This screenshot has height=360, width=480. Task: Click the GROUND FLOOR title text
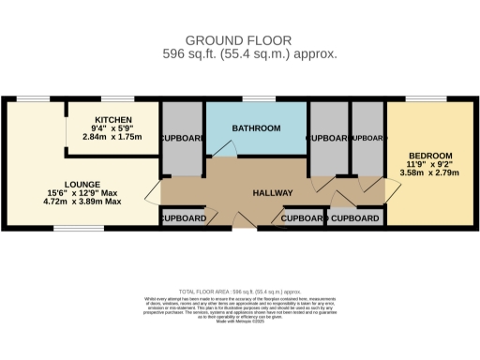tap(238, 40)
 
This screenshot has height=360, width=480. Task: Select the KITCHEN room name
tap(112, 119)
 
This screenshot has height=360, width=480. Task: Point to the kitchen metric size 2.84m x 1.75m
tap(112, 137)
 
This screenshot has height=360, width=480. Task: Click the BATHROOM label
tap(256, 128)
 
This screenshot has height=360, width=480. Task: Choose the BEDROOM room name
tap(430, 155)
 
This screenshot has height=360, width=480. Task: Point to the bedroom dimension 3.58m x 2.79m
tap(430, 173)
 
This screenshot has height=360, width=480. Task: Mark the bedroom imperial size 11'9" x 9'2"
tap(430, 164)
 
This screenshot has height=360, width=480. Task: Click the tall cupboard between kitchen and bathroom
tap(182, 139)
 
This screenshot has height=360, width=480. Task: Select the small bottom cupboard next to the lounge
tap(182, 218)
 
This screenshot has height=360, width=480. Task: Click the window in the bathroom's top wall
tap(257, 99)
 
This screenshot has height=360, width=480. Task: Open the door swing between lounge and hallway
tap(153, 194)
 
